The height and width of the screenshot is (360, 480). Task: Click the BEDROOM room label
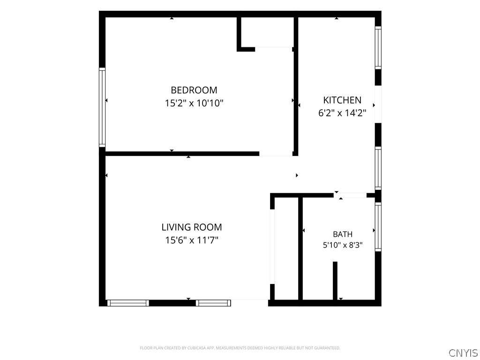pos(194,90)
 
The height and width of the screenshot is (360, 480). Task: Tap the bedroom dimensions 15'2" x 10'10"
pos(194,103)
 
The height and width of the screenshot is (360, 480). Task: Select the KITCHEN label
pos(342,100)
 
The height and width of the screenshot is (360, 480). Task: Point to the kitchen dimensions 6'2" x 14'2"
pos(342,113)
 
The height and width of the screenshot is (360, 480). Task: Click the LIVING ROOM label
pos(192,227)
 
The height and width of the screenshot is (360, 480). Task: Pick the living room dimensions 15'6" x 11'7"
pos(192,240)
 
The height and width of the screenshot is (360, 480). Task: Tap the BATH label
pos(343,234)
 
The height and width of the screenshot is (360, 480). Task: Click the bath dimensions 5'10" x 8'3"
pos(343,245)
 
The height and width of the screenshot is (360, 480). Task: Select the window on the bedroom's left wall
pos(102,107)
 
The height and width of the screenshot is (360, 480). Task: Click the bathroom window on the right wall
pos(378,227)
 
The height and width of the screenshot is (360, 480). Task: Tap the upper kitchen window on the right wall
pos(378,48)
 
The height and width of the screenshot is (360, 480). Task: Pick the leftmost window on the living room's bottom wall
pos(128,303)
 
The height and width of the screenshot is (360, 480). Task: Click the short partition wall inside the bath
pos(335,281)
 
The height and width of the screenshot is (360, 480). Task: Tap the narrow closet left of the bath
pos(286,249)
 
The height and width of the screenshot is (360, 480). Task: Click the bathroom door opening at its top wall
pos(350,195)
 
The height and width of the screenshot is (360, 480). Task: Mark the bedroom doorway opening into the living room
pos(276,154)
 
